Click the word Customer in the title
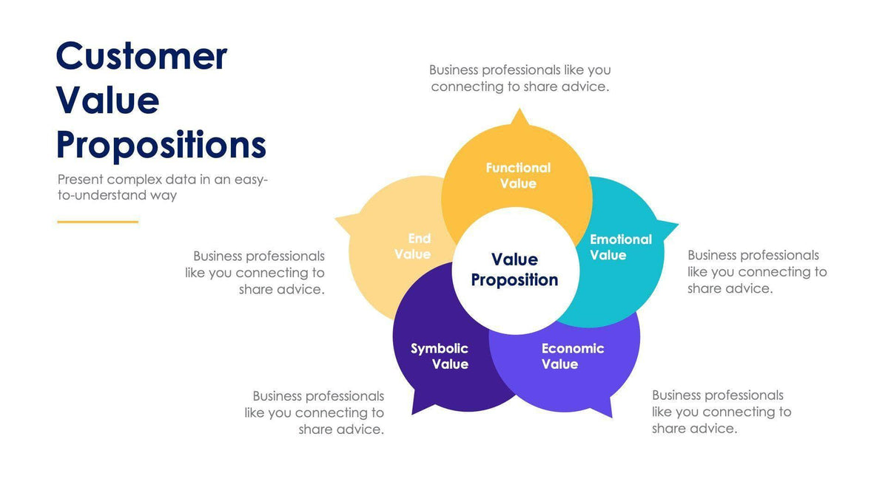(x=141, y=56)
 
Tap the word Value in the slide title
(x=107, y=101)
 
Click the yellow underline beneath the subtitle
(x=98, y=222)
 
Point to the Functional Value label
(x=518, y=176)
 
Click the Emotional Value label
(x=620, y=247)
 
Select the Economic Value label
(x=572, y=356)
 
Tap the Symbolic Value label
(x=440, y=356)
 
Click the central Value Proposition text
(x=514, y=269)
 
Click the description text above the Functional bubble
(x=519, y=78)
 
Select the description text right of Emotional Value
(x=756, y=271)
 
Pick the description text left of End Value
(x=255, y=272)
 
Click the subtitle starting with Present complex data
(x=162, y=187)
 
